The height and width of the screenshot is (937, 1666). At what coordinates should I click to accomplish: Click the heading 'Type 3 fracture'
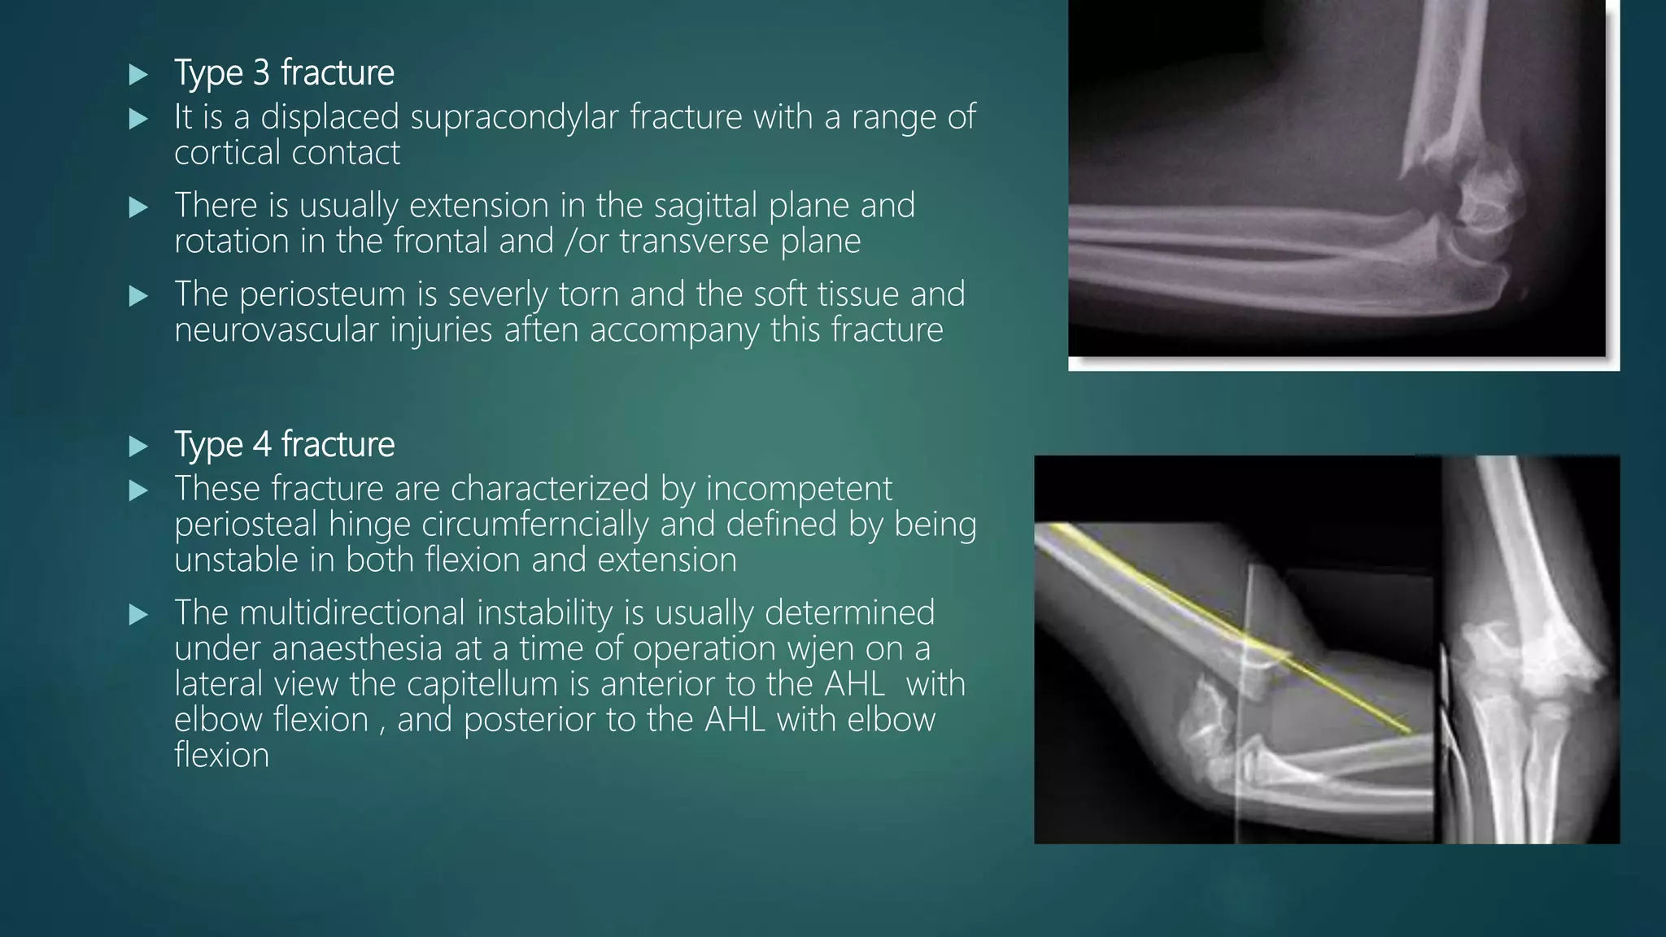284,73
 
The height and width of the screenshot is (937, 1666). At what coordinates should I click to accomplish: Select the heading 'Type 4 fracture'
284,445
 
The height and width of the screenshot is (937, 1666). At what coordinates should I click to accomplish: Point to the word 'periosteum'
322,295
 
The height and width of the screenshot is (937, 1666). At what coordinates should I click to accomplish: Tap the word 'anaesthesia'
357,649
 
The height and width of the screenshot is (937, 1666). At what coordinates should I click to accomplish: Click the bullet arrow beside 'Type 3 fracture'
138,76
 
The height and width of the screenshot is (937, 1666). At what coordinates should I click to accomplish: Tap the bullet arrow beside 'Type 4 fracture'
138,447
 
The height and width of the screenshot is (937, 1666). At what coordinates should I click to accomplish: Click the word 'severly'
498,295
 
